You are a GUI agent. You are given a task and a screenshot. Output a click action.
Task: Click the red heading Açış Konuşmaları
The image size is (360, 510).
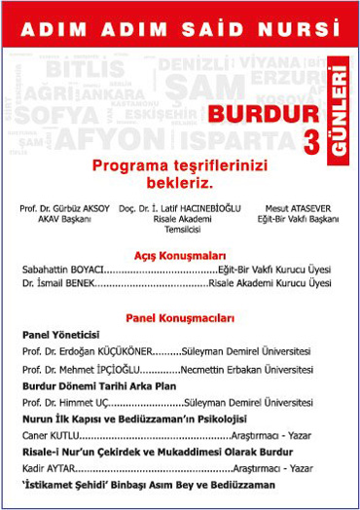pos(180,251)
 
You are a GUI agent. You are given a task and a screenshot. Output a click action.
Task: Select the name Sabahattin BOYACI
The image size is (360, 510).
pos(62,269)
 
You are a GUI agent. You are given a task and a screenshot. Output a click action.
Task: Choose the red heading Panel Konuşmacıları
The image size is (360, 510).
pos(180,317)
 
